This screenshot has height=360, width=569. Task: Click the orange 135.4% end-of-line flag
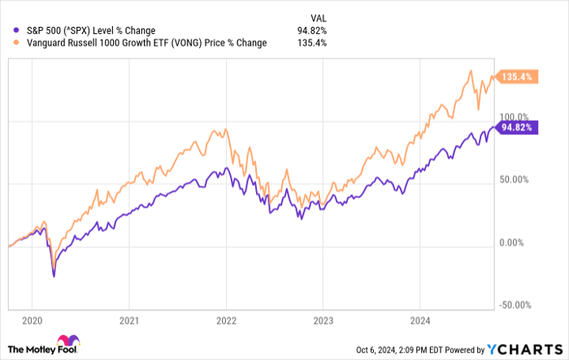coord(518,77)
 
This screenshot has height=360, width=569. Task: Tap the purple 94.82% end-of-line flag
coord(519,128)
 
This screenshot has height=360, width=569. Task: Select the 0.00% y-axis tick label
coord(514,242)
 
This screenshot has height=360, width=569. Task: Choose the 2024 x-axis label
coord(420,320)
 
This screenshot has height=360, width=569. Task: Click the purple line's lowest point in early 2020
coord(54,277)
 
